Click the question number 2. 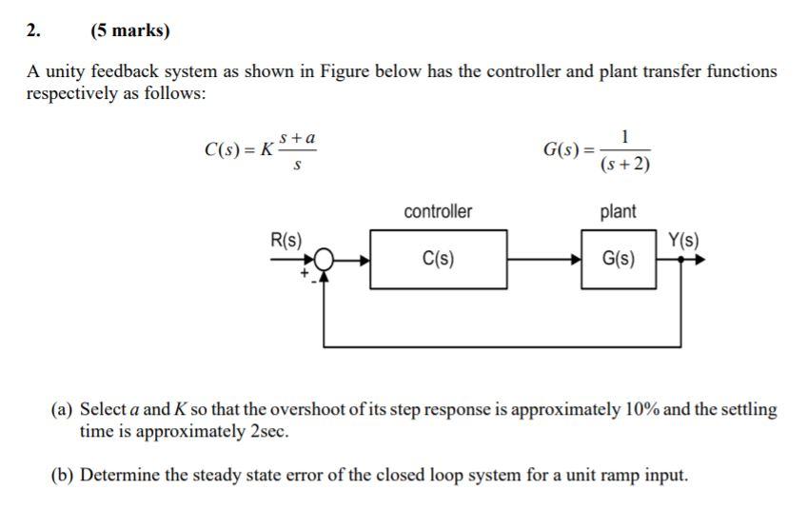click(33, 30)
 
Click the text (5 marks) click(130, 30)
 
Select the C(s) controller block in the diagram click(438, 259)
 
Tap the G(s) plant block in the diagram click(620, 259)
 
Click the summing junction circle click(325, 258)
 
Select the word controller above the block click(438, 211)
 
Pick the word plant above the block click(619, 211)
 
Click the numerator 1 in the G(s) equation click(624, 136)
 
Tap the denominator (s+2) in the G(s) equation click(625, 165)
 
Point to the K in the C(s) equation click(267, 150)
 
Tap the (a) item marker click(62, 410)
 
